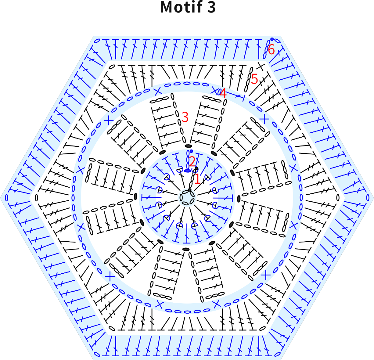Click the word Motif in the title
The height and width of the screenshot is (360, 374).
181,7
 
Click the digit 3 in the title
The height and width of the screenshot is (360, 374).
211,7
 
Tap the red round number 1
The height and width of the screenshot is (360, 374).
197,179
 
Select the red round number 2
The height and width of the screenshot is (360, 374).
192,161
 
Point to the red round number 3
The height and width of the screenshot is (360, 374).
185,117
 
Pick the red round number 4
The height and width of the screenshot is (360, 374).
223,93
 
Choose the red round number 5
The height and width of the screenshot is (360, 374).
254,79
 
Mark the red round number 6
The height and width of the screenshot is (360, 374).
272,49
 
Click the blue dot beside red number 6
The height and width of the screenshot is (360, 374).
272,39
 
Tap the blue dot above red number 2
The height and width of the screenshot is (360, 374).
191,151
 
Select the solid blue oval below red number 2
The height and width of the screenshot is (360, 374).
187,171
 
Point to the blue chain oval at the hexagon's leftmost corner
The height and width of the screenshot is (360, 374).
6,198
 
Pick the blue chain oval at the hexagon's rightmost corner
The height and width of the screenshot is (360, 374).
368,198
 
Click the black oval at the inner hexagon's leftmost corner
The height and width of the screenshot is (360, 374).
36,198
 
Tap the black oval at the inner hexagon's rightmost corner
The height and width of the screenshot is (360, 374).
338,198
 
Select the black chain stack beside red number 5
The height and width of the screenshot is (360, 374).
249,79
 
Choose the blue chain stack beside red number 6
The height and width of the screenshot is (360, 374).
267,50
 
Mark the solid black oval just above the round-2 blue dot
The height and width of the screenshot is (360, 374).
188,146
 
